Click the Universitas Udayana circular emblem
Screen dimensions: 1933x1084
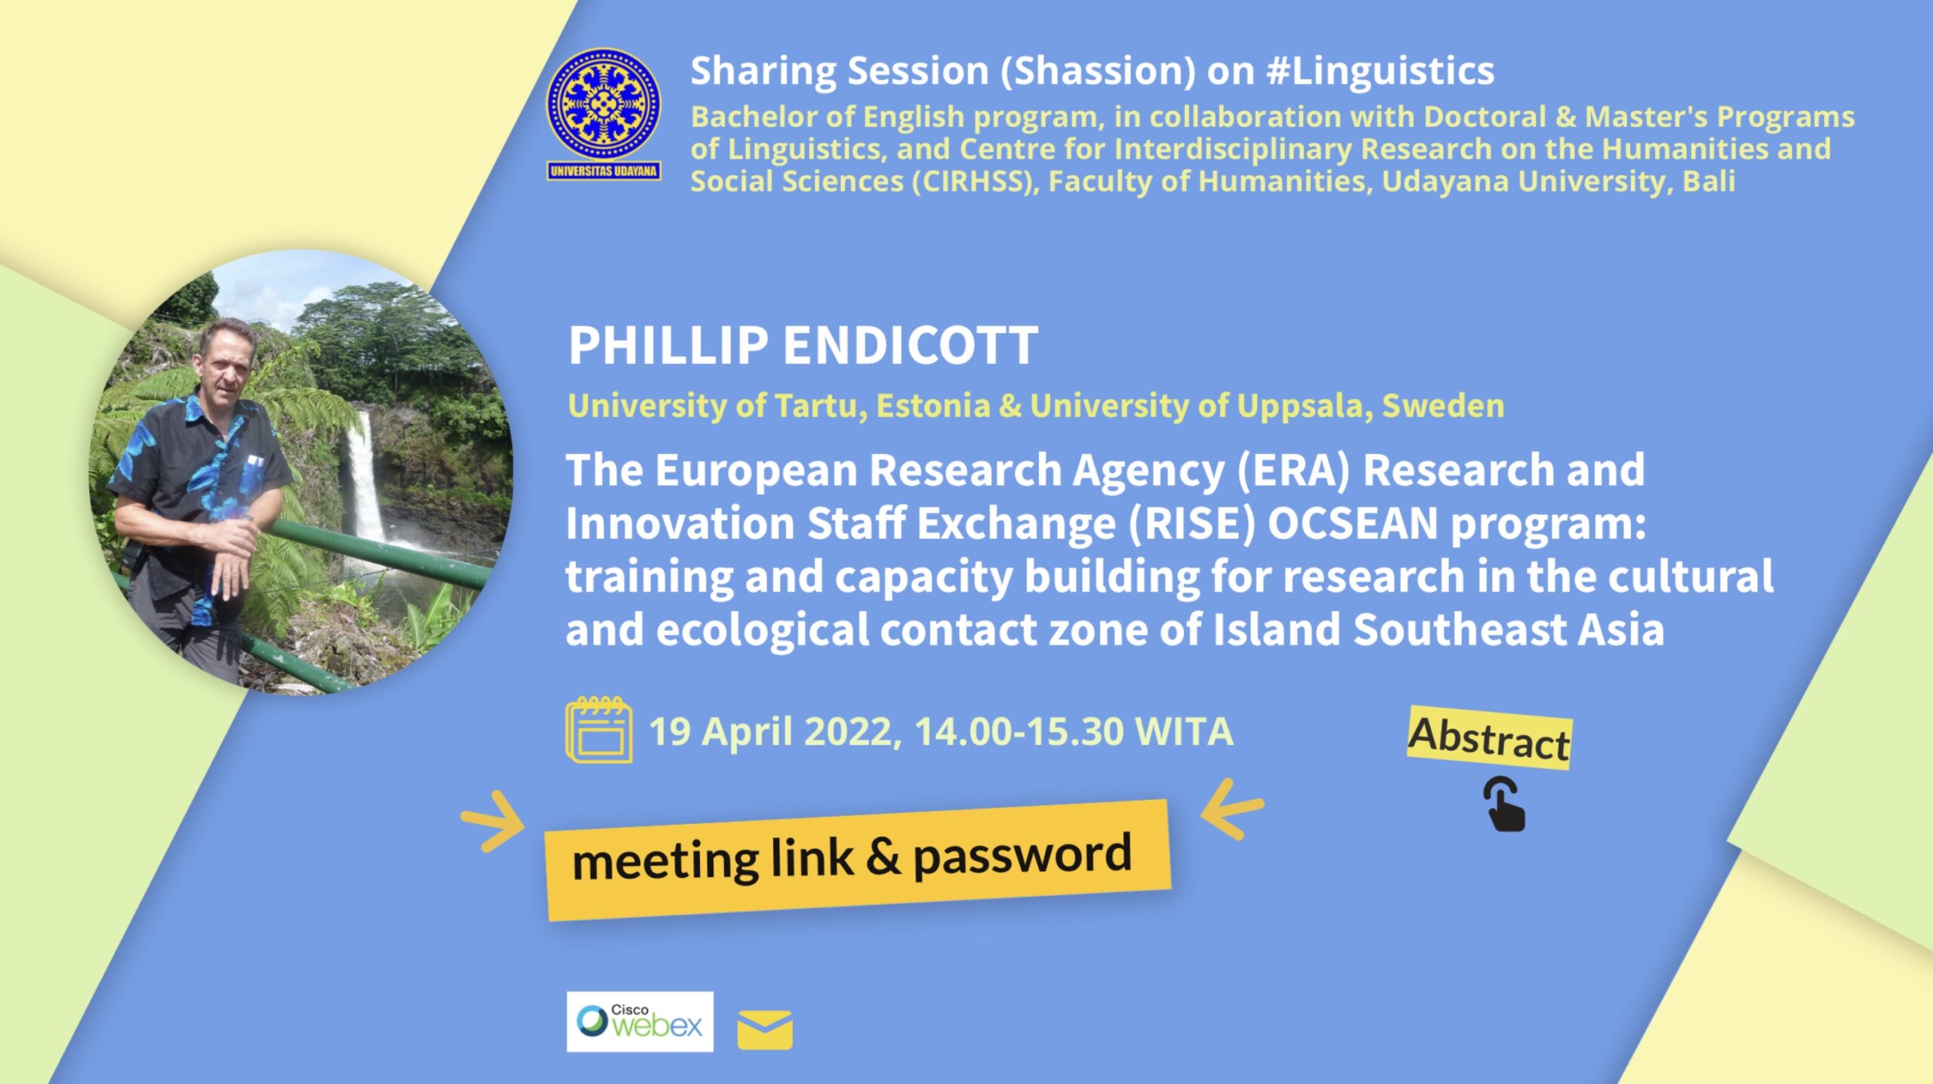[x=603, y=104]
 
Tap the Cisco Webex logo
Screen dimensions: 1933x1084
[x=640, y=1021]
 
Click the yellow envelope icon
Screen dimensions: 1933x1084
[x=765, y=1030]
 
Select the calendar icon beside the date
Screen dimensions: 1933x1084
[x=599, y=730]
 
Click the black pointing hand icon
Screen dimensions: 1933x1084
[x=1504, y=805]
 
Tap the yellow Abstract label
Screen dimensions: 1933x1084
[x=1489, y=738]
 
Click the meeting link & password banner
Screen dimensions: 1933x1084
[x=857, y=860]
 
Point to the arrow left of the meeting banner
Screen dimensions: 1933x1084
[x=494, y=822]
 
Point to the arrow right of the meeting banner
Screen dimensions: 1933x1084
[x=1232, y=810]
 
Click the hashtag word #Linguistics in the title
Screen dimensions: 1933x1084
[x=1380, y=71]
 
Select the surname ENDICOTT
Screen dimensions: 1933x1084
[x=910, y=345]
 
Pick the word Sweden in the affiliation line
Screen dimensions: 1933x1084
[x=1443, y=406]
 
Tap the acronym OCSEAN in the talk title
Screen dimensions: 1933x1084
[x=1352, y=523]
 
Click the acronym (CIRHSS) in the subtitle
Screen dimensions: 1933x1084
[x=975, y=181]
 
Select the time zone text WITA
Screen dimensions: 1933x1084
[x=1184, y=731]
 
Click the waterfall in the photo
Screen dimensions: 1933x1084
[x=365, y=476]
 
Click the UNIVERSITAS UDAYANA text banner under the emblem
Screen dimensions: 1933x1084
[x=603, y=171]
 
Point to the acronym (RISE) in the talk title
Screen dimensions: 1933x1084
[x=1192, y=523]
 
